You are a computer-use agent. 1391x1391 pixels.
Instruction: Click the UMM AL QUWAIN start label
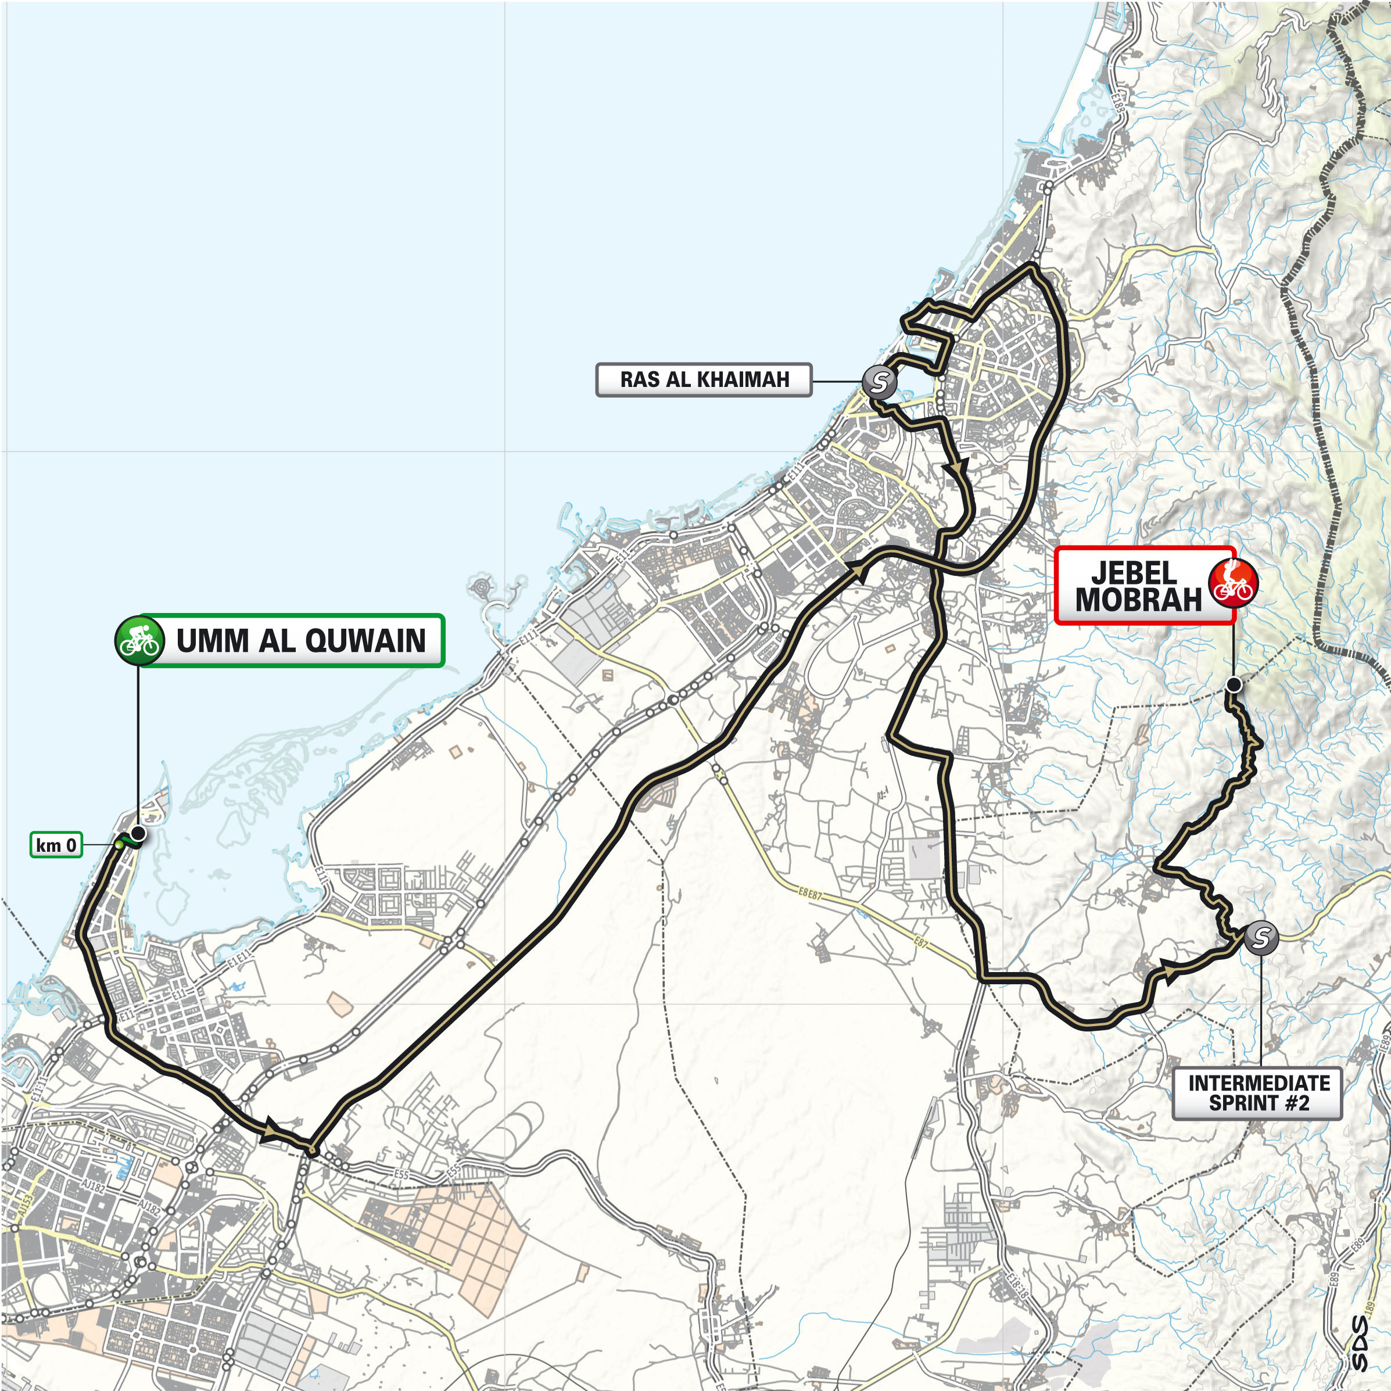[x=300, y=640]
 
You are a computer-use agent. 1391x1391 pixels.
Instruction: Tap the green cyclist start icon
[x=139, y=639]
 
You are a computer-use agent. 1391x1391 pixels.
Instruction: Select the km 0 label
[x=56, y=845]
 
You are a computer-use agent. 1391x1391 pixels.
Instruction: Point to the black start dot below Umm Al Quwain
[x=138, y=834]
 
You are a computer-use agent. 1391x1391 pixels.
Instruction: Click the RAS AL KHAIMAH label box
[x=704, y=379]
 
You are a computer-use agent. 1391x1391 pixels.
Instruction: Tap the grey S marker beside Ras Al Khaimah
[x=879, y=382]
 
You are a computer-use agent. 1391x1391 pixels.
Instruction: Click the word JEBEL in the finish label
[x=1134, y=573]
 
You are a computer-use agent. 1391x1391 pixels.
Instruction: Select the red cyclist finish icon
[x=1232, y=582]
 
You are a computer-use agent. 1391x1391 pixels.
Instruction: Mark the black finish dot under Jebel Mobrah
[x=1234, y=684]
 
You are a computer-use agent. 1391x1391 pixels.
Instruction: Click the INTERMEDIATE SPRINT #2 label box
[x=1259, y=1093]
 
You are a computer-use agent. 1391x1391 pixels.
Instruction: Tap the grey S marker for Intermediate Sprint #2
[x=1261, y=937]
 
